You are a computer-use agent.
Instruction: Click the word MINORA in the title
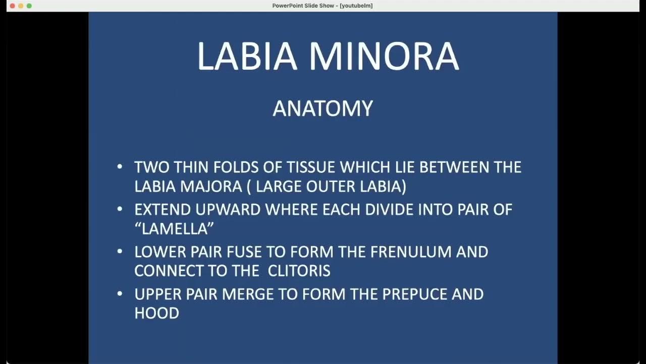384,56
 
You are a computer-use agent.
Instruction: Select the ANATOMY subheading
322,109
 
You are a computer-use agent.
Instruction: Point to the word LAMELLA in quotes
174,229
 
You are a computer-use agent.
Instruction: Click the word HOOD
156,313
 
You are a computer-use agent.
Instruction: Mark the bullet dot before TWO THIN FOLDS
120,166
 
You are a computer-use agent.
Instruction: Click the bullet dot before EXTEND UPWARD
120,209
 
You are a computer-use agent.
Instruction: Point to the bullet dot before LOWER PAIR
120,251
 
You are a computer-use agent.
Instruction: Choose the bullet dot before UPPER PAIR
120,293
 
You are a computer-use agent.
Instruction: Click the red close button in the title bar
13,6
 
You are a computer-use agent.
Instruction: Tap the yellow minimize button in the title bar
21,6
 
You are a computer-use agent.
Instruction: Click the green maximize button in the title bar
29,6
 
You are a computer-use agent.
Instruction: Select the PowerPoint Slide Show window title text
322,6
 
